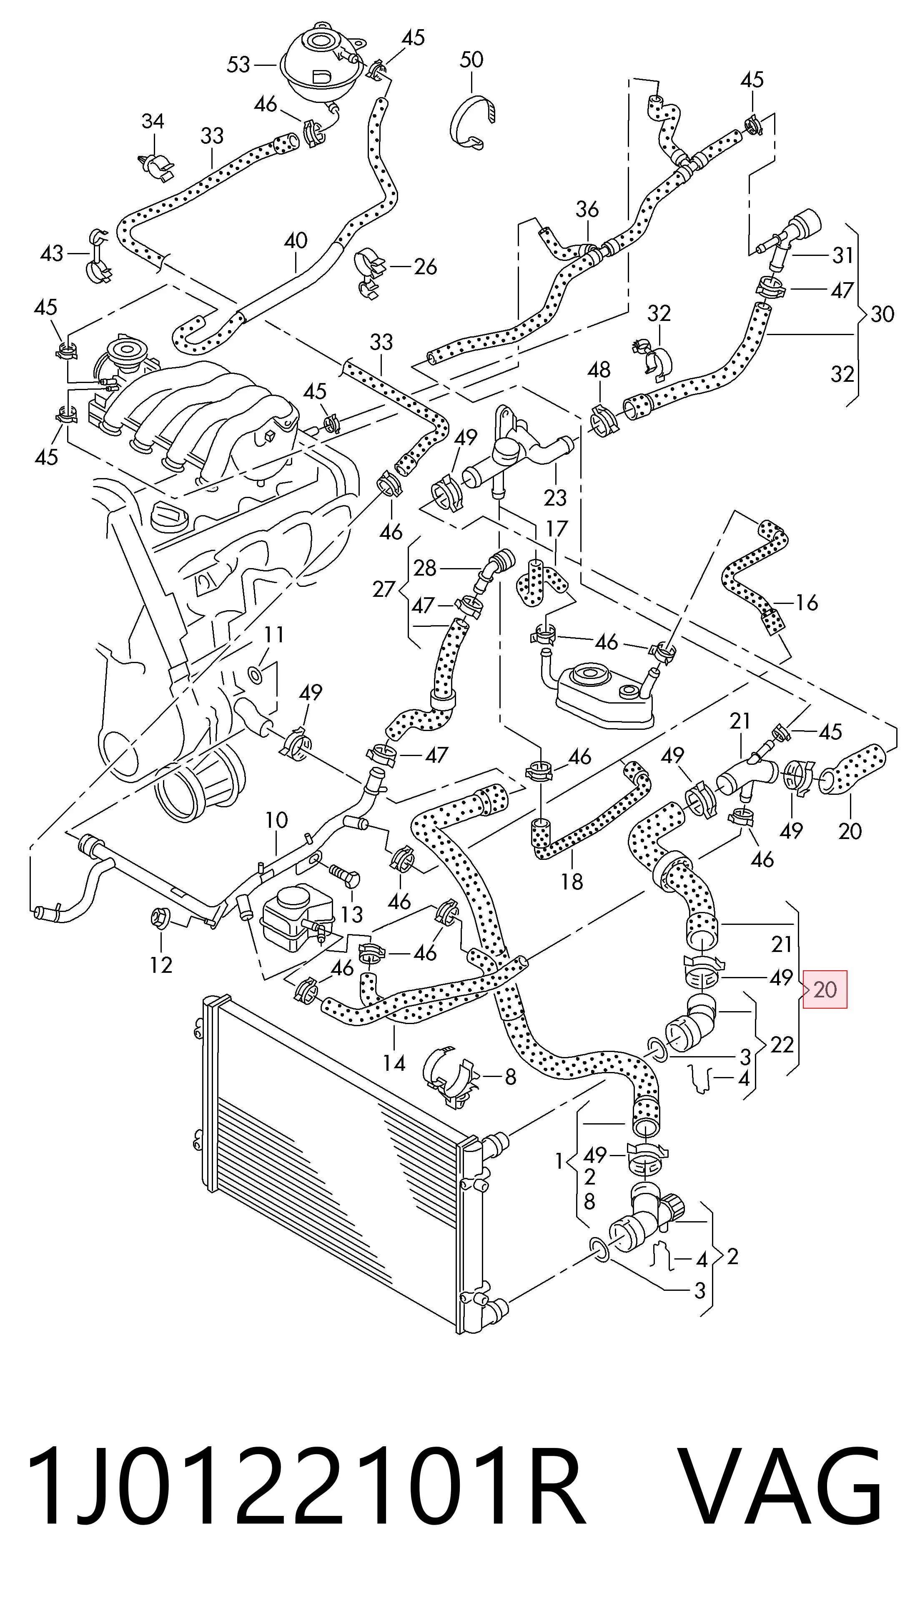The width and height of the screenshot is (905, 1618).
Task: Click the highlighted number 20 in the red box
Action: point(825,990)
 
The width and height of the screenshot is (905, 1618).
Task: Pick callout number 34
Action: point(153,121)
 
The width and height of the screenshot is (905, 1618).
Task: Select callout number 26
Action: point(425,267)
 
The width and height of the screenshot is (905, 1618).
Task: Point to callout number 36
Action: point(587,209)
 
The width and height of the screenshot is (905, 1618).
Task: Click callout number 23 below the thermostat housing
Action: point(555,498)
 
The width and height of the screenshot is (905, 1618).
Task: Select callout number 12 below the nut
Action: point(161,964)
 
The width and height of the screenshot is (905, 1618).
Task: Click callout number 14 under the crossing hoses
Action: point(394,1063)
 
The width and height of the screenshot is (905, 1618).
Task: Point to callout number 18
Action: point(572,881)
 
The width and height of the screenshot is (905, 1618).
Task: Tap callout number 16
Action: point(806,603)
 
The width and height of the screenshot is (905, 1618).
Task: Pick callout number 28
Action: point(424,569)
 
